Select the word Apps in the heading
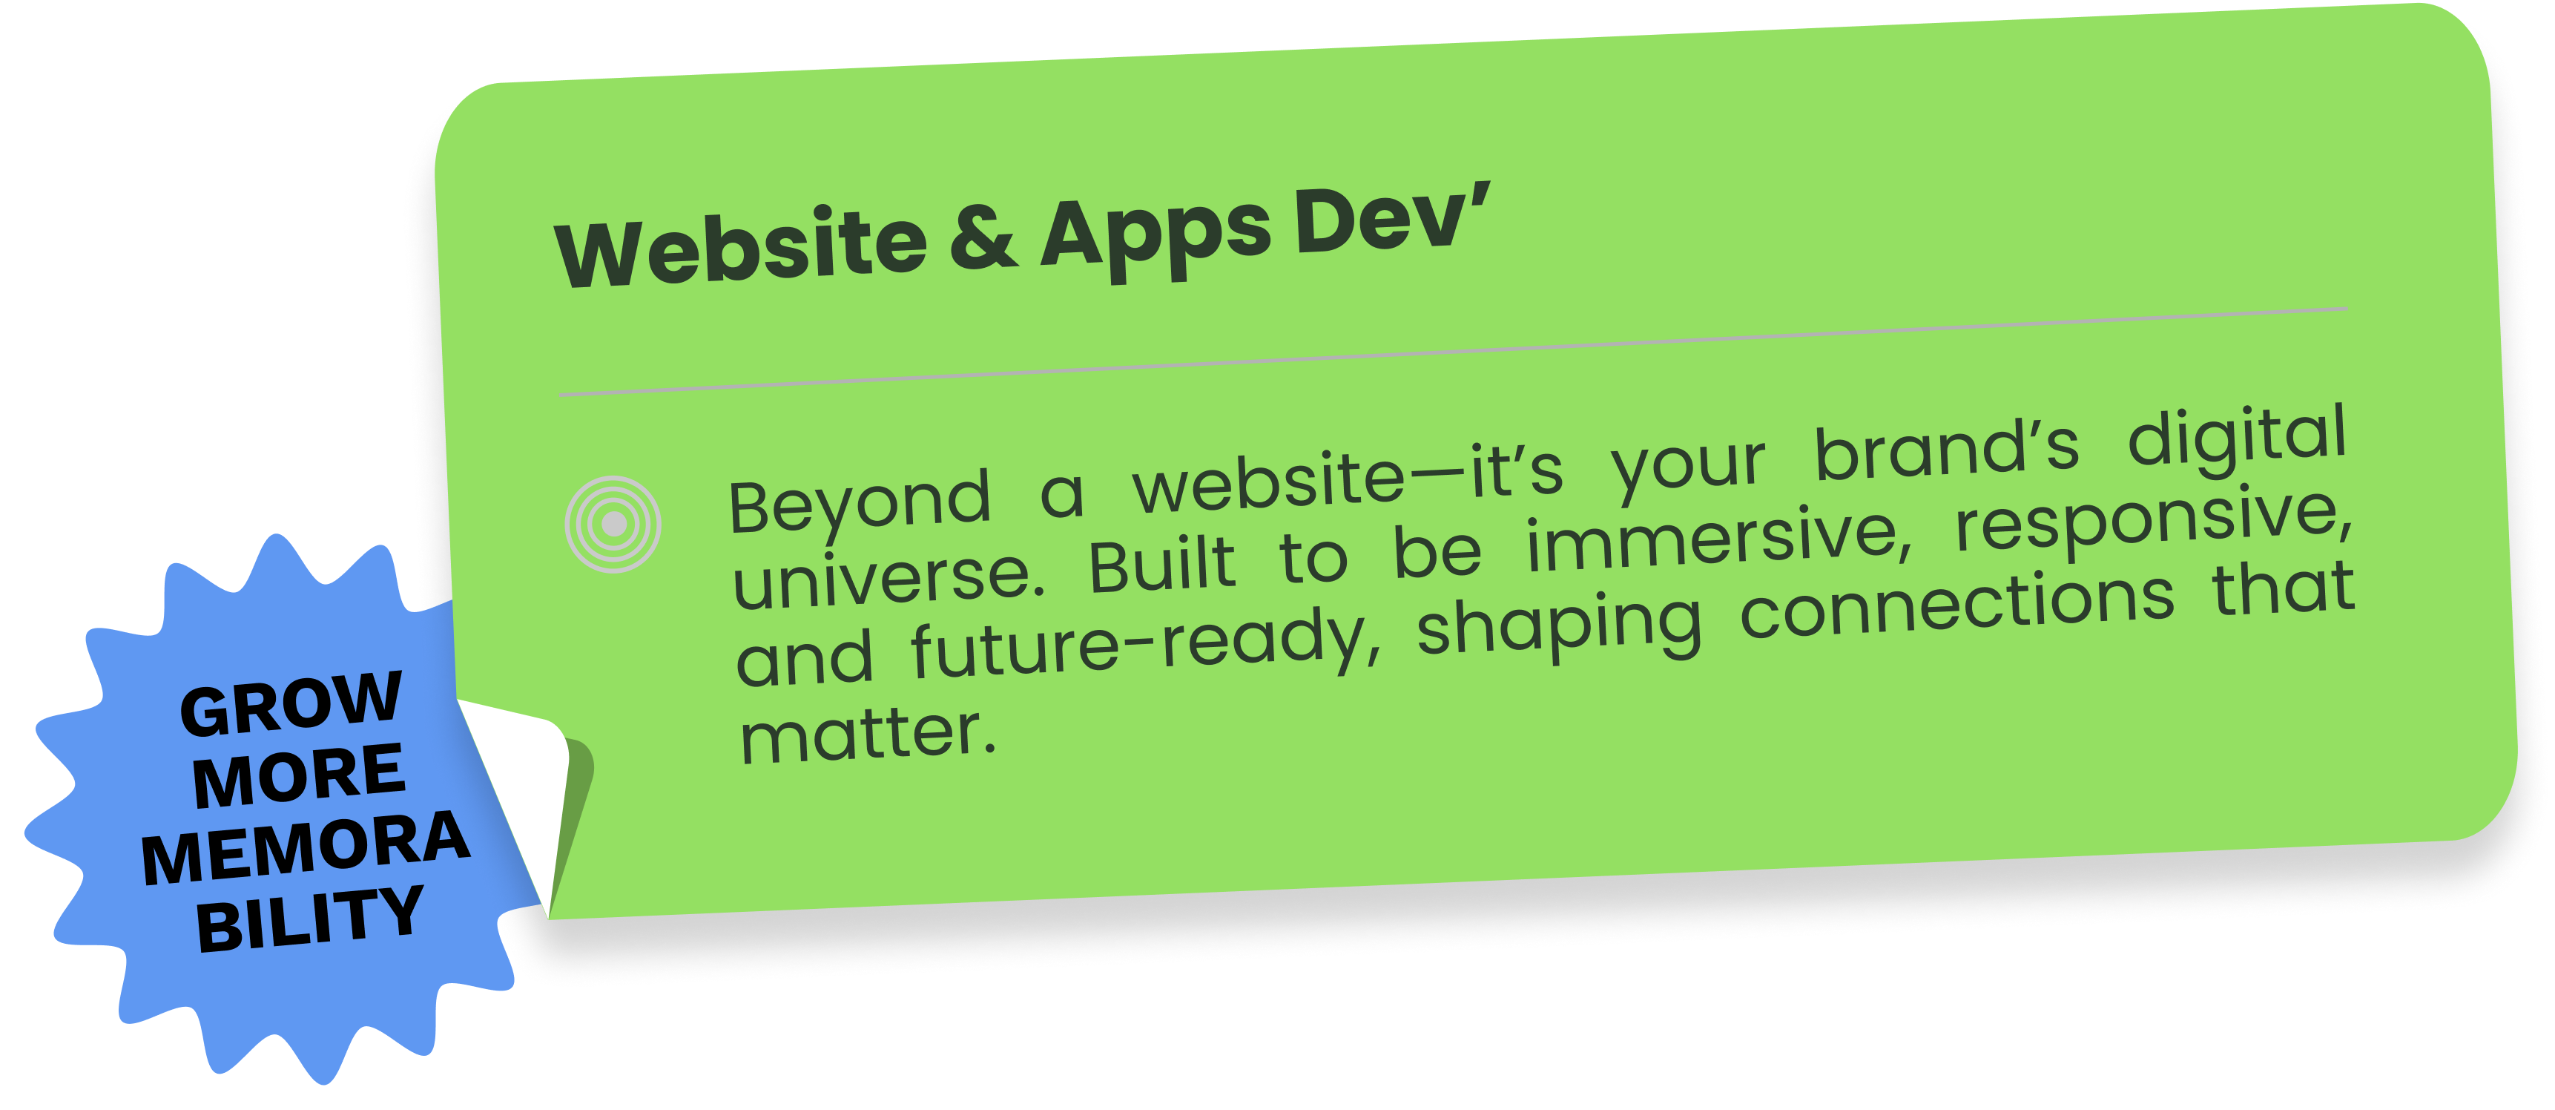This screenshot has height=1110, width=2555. point(1155,234)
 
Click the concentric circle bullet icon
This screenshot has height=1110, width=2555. point(613,524)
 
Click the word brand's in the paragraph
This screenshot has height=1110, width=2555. point(1946,451)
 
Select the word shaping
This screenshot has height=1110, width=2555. point(1559,626)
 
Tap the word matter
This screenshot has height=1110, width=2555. point(868,735)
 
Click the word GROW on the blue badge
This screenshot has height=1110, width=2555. point(291,703)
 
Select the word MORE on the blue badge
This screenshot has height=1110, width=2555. point(300,775)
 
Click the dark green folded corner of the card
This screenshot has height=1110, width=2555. point(573,813)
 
